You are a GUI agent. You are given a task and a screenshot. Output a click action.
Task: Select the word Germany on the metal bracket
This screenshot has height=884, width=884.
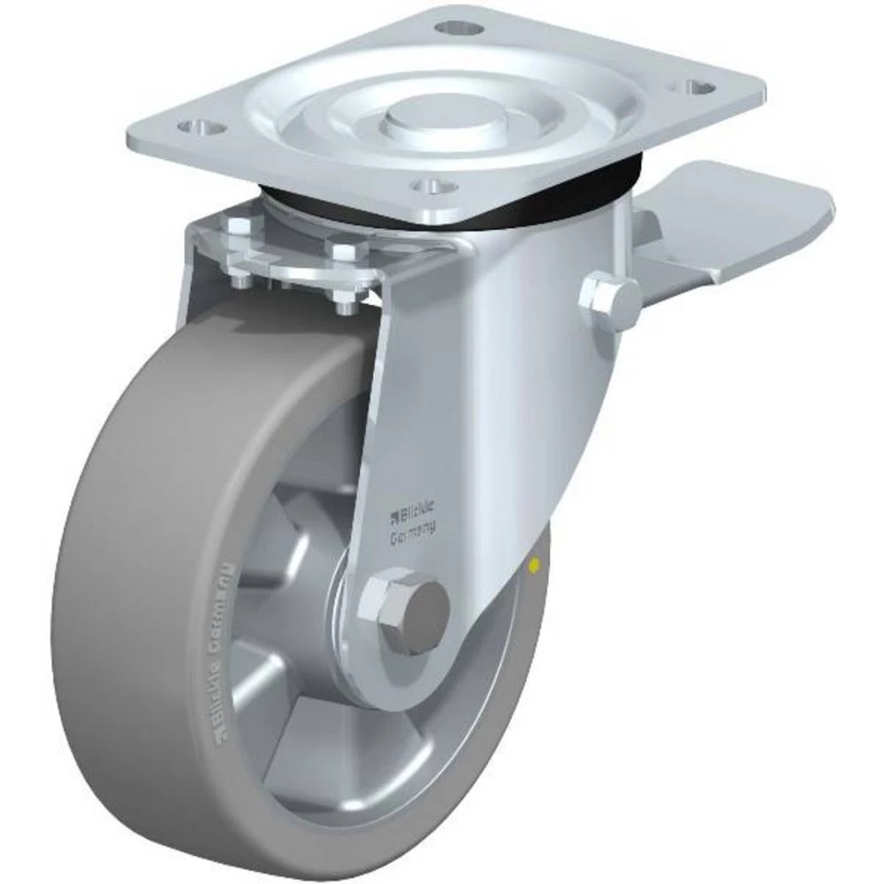417,532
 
